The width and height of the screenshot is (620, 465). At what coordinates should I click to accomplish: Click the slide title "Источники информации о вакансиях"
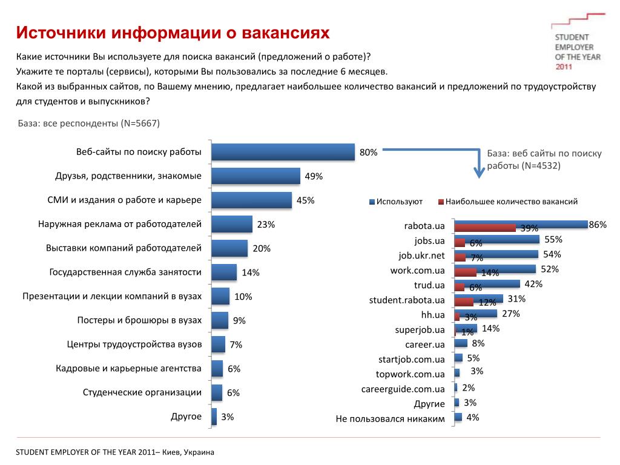coord(173,33)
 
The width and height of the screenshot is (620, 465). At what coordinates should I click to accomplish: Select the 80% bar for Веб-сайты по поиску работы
coord(283,152)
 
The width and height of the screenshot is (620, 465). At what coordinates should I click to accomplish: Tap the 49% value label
coord(314,177)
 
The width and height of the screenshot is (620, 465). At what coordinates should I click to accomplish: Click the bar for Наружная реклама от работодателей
coord(232,224)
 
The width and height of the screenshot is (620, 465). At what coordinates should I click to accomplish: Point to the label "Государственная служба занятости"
coord(125,272)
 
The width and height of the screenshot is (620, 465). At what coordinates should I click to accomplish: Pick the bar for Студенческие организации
coord(217,392)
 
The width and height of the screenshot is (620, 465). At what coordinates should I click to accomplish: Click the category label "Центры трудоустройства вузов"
coord(134,345)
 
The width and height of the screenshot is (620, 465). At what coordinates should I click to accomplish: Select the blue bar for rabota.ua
coord(521,224)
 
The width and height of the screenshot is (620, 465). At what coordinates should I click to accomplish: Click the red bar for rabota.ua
coord(485,228)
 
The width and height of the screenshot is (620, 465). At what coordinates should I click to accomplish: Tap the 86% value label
coord(598,225)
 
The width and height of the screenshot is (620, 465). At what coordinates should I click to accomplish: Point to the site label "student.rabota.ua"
coord(407,300)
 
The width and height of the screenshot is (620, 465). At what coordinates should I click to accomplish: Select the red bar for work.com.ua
coord(465,272)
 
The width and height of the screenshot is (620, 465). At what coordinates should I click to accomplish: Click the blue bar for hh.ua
coord(475,313)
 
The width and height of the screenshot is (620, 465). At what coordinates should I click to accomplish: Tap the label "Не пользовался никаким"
coord(390,418)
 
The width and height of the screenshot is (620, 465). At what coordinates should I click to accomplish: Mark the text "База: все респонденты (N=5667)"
coord(88,124)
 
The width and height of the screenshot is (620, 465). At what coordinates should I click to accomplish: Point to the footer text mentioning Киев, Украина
coord(115,452)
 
